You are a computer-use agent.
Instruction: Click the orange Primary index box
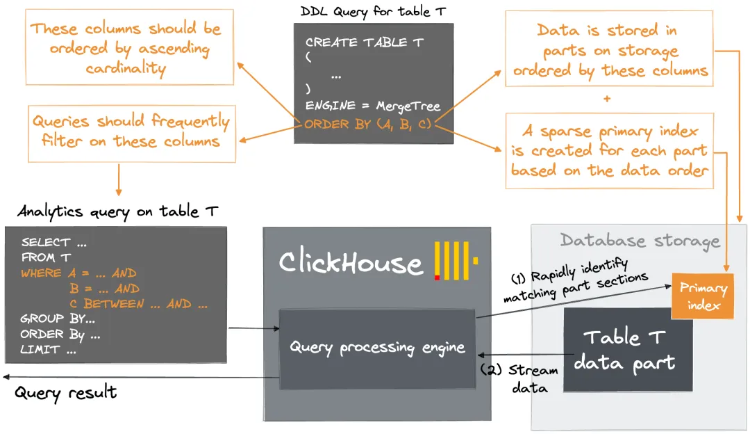tap(703, 296)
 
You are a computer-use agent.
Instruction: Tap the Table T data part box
tap(628, 350)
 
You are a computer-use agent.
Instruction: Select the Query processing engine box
tap(377, 348)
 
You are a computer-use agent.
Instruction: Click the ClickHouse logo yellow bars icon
tap(455, 261)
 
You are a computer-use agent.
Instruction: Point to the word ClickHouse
tap(351, 263)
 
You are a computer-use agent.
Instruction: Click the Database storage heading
tap(640, 241)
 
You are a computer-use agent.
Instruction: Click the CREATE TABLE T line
tap(365, 42)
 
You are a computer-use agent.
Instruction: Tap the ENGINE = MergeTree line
tap(373, 106)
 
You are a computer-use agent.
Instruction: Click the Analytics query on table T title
tap(115, 211)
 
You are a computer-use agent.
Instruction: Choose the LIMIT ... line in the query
tap(48, 350)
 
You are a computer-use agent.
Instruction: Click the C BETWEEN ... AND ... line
tap(138, 304)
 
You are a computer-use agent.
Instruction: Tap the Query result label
tap(66, 393)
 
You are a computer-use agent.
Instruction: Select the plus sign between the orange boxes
tap(608, 99)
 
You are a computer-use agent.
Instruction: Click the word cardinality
tap(126, 68)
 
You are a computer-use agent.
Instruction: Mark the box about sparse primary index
tap(609, 151)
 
